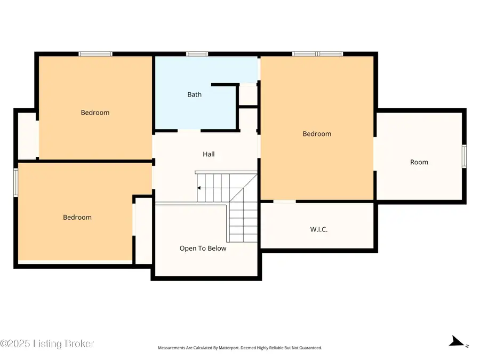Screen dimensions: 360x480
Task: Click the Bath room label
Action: (194, 94)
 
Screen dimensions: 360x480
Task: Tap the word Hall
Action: (209, 154)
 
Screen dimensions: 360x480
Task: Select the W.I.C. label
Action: (318, 229)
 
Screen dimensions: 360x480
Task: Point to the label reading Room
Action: (419, 162)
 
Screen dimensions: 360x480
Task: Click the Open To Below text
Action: (203, 249)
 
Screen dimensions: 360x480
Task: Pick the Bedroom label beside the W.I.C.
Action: (317, 134)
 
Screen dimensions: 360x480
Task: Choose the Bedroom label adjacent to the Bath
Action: (95, 113)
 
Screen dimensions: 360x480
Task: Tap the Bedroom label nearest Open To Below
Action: (77, 217)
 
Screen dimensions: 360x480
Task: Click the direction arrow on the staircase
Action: (199, 188)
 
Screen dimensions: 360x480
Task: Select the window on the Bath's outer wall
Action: (197, 54)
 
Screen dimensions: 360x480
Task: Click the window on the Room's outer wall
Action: (464, 156)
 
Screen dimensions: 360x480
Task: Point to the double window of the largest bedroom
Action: (317, 54)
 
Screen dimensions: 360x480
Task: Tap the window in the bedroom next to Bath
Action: (95, 54)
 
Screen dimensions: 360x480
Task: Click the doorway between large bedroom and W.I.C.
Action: (285, 202)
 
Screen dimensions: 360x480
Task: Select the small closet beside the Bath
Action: (248, 95)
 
